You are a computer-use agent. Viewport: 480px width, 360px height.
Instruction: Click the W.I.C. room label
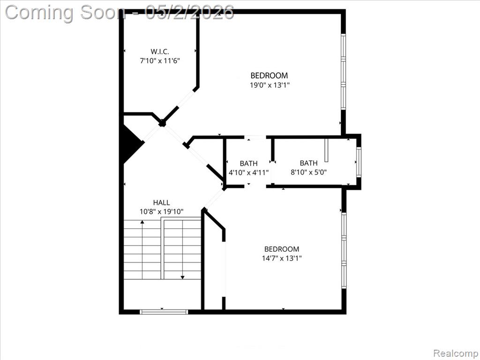pyautogui.click(x=159, y=52)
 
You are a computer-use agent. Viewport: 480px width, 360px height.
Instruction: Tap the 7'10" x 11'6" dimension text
pyautogui.click(x=159, y=60)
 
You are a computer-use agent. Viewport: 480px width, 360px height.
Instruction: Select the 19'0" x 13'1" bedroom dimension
pyautogui.click(x=270, y=85)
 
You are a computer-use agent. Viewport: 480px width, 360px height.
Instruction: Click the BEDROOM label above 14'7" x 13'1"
pyautogui.click(x=282, y=249)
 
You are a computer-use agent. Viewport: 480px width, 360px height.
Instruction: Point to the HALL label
pyautogui.click(x=161, y=202)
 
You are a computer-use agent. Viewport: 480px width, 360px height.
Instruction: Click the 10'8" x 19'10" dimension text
pyautogui.click(x=161, y=211)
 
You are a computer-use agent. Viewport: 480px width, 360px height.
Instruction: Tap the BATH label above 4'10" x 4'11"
pyautogui.click(x=248, y=164)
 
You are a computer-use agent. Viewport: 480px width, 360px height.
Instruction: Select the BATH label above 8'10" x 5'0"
pyautogui.click(x=308, y=163)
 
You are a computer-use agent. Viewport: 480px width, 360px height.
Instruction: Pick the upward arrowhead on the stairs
pyautogui.click(x=142, y=222)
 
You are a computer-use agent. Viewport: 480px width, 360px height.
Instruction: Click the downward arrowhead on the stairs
pyautogui.click(x=182, y=277)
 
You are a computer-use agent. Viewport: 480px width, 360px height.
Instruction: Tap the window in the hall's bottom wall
pyautogui.click(x=164, y=312)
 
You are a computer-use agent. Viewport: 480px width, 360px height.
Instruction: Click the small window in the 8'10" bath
pyautogui.click(x=359, y=162)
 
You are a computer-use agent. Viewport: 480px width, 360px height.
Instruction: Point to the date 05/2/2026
pyautogui.click(x=189, y=13)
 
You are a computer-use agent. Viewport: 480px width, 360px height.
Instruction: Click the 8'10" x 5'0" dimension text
pyautogui.click(x=308, y=172)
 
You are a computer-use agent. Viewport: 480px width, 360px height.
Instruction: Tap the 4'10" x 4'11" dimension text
pyautogui.click(x=248, y=172)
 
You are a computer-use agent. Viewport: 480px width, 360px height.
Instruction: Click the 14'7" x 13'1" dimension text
pyautogui.click(x=282, y=258)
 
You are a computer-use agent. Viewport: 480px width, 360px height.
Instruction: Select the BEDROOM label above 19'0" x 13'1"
pyautogui.click(x=270, y=75)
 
